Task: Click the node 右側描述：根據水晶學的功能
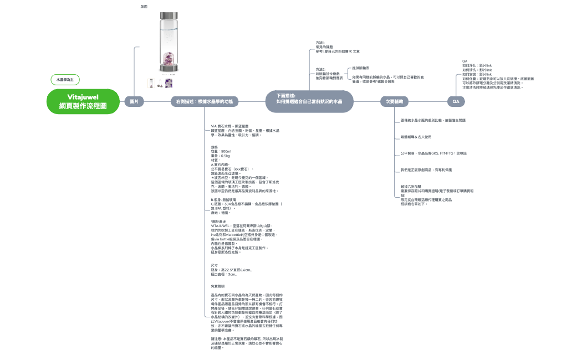tap(204, 102)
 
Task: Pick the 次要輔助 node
tap(397, 102)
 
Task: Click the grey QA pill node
tap(456, 102)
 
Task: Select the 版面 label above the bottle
tap(144, 6)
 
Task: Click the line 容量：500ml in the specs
tap(221, 151)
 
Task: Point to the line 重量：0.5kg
tap(221, 156)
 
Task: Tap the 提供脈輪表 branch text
tap(361, 68)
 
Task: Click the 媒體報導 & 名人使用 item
tap(416, 136)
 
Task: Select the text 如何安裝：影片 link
tap(477, 74)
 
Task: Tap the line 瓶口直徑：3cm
tap(224, 274)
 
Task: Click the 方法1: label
tap(320, 42)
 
